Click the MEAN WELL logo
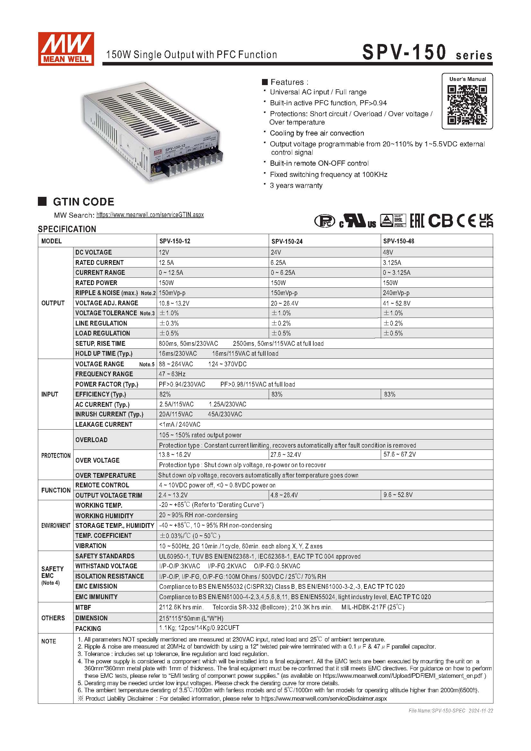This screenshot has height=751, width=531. point(66,49)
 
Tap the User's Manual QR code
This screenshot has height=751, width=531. point(467,105)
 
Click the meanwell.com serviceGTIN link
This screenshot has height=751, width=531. point(150,215)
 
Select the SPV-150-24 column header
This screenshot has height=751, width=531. point(287,241)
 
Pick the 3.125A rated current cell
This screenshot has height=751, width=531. point(392,262)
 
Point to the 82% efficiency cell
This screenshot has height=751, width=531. point(165,394)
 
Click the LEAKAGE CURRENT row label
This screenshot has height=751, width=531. point(104,424)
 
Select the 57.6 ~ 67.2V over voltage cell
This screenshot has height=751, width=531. point(399,454)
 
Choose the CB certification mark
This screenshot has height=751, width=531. point(440,221)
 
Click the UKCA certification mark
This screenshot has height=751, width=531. point(486,221)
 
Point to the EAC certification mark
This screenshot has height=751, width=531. point(417,221)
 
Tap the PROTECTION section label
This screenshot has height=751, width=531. point(56,455)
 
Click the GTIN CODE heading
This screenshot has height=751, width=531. point(83,202)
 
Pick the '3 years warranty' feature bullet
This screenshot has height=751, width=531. point(296,186)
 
